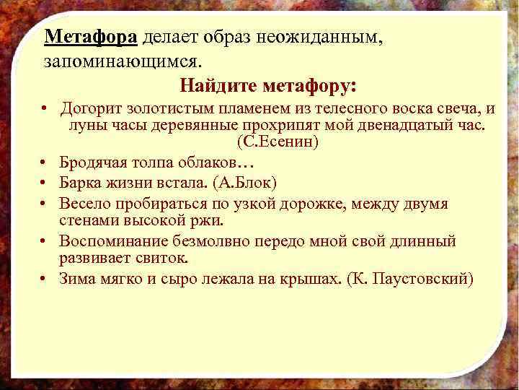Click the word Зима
77,278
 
